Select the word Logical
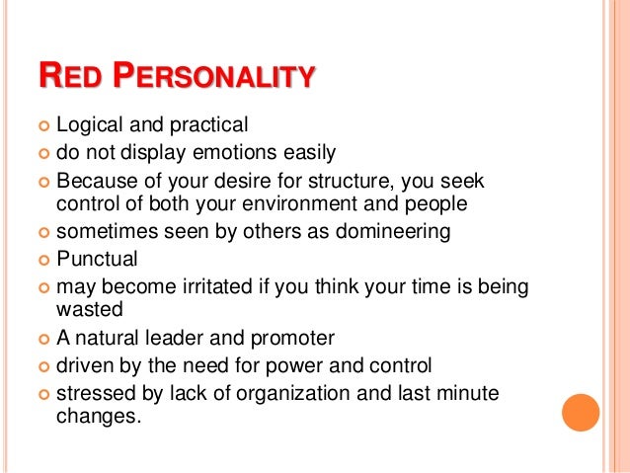click(x=90, y=125)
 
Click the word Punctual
click(x=97, y=260)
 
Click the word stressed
click(x=95, y=394)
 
